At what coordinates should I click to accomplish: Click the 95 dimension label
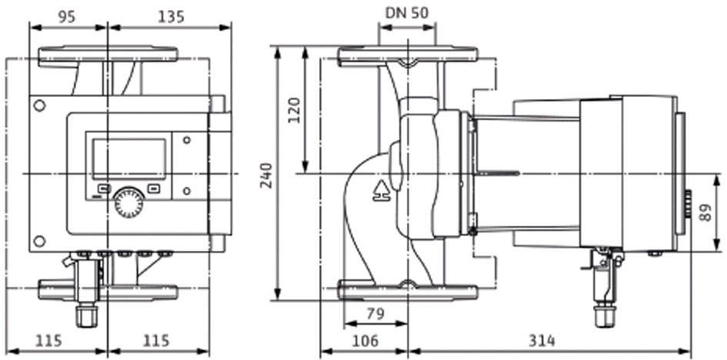pos(67,17)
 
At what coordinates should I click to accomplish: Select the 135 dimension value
pos(171,17)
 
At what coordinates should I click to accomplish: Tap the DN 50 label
pos(407,13)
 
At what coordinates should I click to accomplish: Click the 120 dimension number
pos(295,110)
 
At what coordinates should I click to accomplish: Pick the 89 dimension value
pos(705,212)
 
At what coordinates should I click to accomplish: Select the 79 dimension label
pos(375,314)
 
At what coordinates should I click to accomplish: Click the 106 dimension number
pos(365,341)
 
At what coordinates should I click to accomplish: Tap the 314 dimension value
pos(542,341)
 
